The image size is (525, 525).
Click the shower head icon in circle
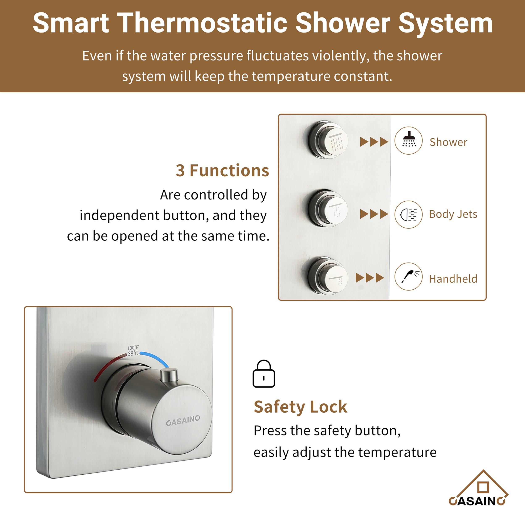coord(408,140)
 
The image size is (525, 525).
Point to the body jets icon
coord(408,214)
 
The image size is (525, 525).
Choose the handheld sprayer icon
coord(408,276)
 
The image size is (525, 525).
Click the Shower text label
coord(448,142)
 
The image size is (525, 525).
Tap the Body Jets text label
coord(453,214)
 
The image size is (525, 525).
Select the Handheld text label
coord(453,279)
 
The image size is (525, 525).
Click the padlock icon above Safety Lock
coord(264,374)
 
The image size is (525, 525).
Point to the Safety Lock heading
coord(300,407)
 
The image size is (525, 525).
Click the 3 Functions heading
coord(222,171)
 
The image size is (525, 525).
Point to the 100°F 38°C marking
coord(133,350)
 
